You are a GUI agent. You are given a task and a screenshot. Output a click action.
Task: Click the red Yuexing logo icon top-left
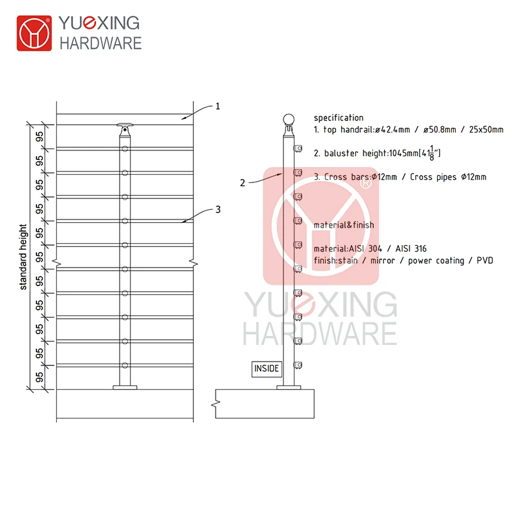(x=33, y=33)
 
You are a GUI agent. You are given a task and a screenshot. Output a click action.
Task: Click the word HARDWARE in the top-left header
(x=100, y=44)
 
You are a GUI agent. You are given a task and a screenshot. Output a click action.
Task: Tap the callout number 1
(x=217, y=106)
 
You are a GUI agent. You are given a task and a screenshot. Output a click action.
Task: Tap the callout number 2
(x=243, y=182)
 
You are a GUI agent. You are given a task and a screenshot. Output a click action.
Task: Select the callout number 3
(x=218, y=209)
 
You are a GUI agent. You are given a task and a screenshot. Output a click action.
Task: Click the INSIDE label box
(x=267, y=369)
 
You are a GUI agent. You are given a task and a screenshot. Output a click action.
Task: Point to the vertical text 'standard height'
(x=24, y=257)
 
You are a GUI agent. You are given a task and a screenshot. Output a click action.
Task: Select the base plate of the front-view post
(x=125, y=387)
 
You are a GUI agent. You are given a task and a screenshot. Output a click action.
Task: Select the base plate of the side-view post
(x=289, y=387)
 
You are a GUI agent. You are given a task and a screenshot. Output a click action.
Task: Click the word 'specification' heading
(x=339, y=118)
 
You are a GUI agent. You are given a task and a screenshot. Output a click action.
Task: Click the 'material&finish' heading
(x=344, y=225)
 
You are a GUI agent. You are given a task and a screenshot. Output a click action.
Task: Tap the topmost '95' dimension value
(x=40, y=136)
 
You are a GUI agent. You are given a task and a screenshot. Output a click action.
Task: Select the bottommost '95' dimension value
(x=40, y=377)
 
